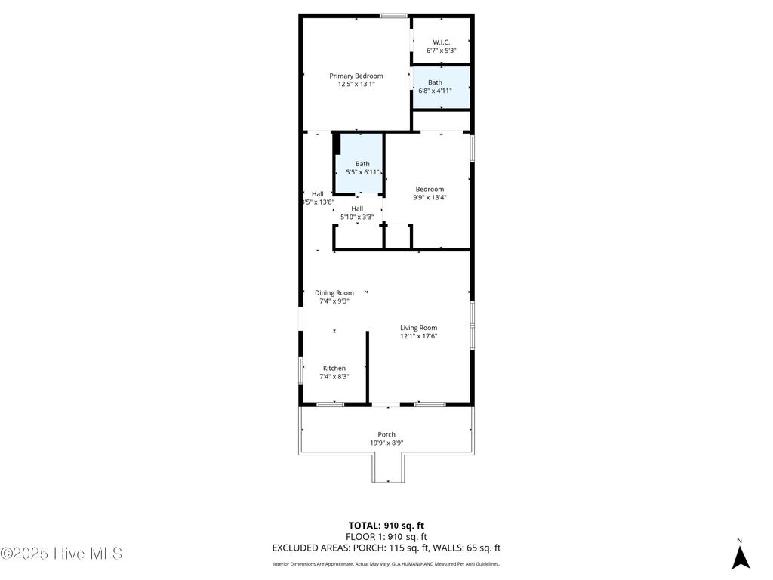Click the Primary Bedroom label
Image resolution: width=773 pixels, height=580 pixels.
pyautogui.click(x=356, y=76)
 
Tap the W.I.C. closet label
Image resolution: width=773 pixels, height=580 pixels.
pyautogui.click(x=442, y=42)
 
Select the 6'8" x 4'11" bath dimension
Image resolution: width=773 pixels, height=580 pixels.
pyautogui.click(x=436, y=91)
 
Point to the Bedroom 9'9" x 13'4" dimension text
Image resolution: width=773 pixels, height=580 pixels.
pyautogui.click(x=429, y=198)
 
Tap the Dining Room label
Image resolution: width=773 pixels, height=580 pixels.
pyautogui.click(x=334, y=293)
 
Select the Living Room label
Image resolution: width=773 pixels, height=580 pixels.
pyautogui.click(x=419, y=328)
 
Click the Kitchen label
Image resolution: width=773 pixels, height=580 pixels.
pyautogui.click(x=334, y=369)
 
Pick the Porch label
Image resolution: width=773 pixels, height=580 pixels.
pyautogui.click(x=386, y=434)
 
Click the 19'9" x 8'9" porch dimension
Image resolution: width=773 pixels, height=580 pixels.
pyautogui.click(x=386, y=443)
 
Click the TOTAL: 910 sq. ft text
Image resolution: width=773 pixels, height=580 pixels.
pyautogui.click(x=386, y=525)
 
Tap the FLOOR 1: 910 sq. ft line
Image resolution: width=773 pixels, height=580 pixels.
pyautogui.click(x=386, y=536)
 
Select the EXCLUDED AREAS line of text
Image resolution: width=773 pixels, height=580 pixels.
pyautogui.click(x=386, y=548)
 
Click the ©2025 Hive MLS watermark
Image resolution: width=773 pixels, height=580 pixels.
pyautogui.click(x=62, y=554)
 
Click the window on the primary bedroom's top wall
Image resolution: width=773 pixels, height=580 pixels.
pyautogui.click(x=393, y=15)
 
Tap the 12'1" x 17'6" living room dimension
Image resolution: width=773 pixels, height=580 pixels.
pyautogui.click(x=419, y=336)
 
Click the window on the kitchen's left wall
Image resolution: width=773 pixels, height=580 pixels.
pyautogui.click(x=301, y=371)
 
